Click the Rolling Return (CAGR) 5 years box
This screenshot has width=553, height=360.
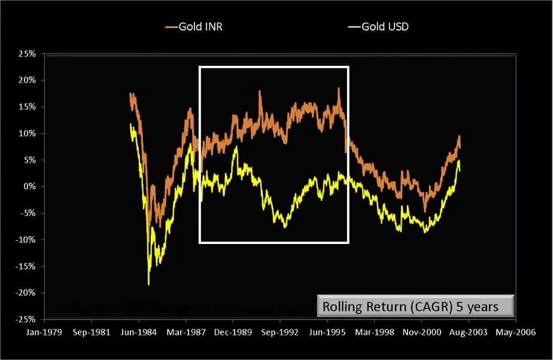(415, 306)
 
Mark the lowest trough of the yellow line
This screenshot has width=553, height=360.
(148, 284)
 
